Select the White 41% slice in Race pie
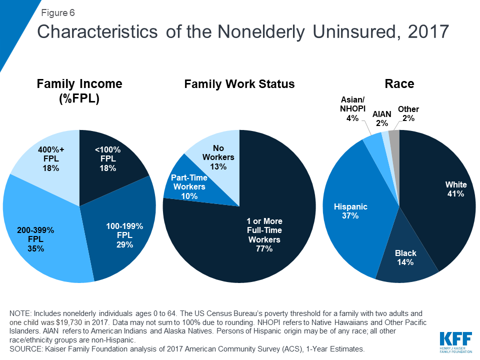click(440, 200)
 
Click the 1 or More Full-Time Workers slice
click(260, 230)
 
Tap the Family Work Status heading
click(239, 84)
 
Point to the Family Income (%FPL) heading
click(79, 91)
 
